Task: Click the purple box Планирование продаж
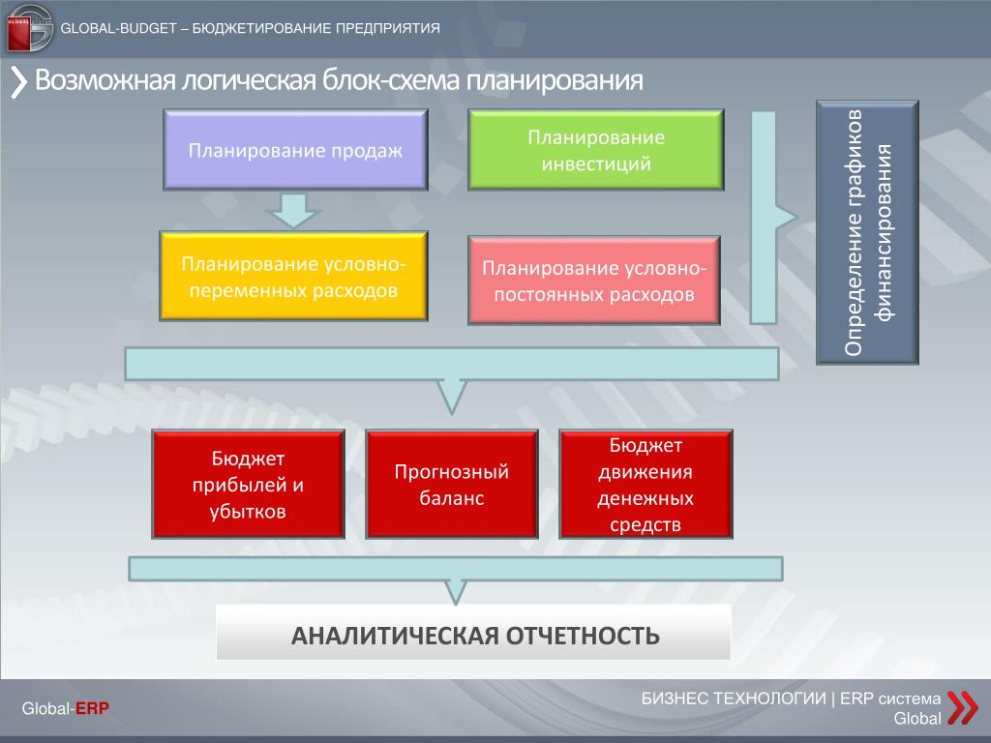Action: click(x=295, y=150)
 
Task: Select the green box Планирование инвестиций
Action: click(x=596, y=150)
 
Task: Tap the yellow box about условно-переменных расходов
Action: click(x=294, y=276)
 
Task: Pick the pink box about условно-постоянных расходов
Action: click(x=594, y=281)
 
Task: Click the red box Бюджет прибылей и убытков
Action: click(x=249, y=484)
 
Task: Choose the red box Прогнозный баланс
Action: click(x=452, y=484)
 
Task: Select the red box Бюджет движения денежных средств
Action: click(x=646, y=484)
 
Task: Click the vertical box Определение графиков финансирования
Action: click(x=867, y=232)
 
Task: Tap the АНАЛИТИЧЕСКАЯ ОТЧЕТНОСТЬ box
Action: click(x=473, y=633)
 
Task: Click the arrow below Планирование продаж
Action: click(x=294, y=210)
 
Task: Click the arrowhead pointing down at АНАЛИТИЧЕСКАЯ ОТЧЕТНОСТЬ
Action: click(x=456, y=592)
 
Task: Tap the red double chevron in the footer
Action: click(x=963, y=707)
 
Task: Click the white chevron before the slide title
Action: click(x=19, y=83)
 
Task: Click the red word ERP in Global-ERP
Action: click(x=92, y=708)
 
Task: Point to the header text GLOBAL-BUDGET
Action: click(x=118, y=28)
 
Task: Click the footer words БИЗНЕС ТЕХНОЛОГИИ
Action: click(x=734, y=698)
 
